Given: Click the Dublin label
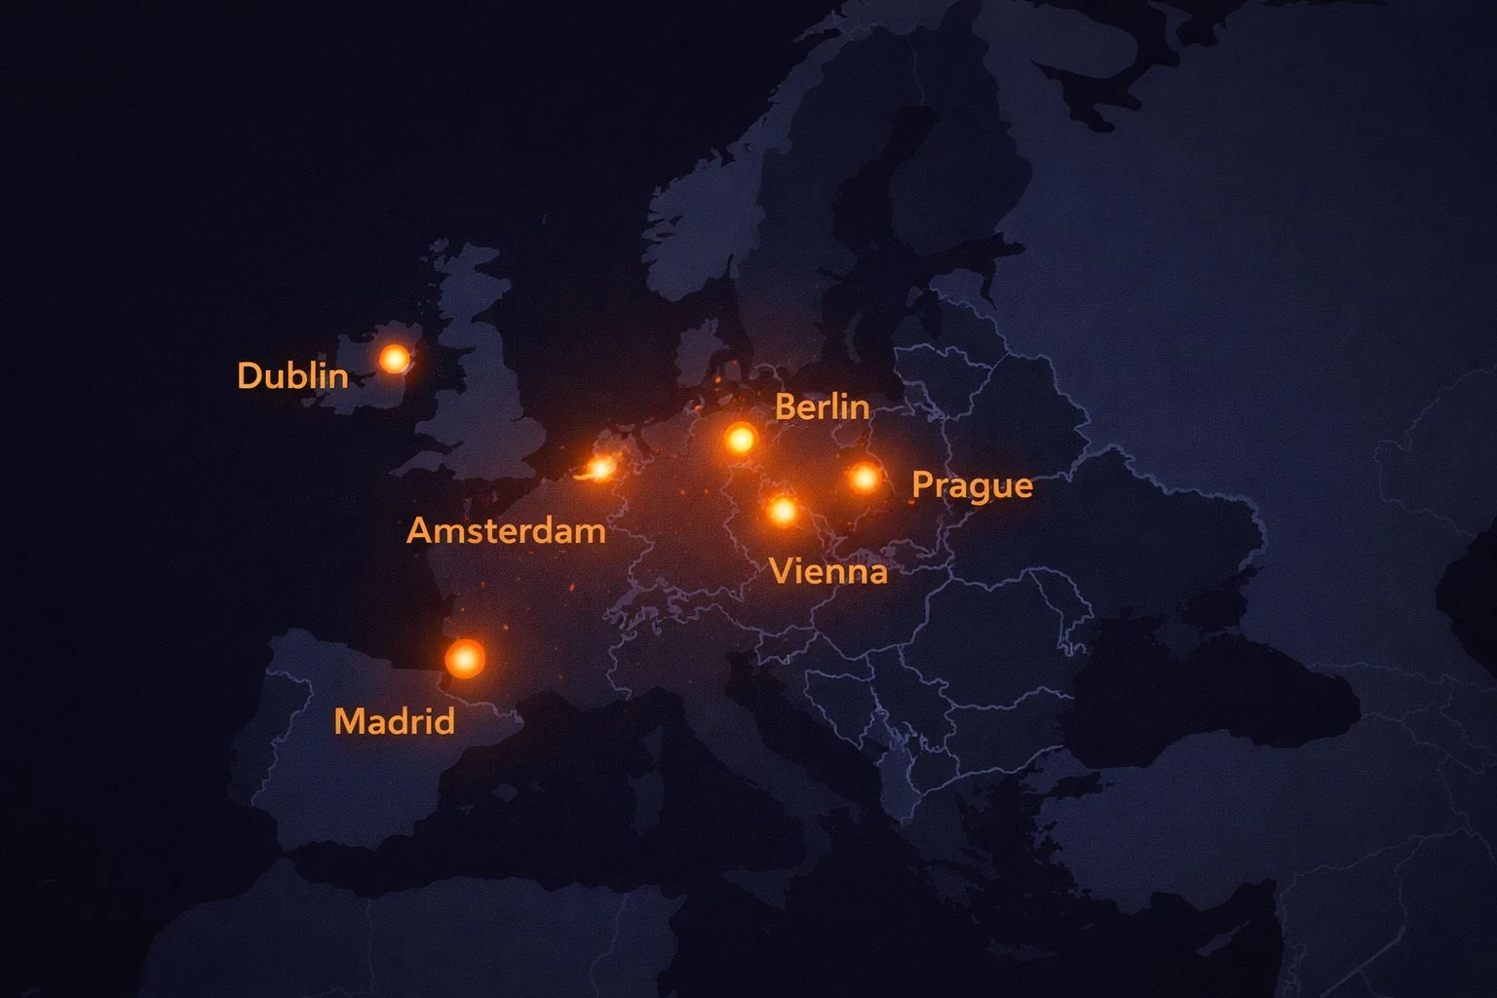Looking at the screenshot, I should pyautogui.click(x=292, y=375).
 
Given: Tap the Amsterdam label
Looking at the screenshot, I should pyautogui.click(x=506, y=531).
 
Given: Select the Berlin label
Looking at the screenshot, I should pyautogui.click(x=822, y=406).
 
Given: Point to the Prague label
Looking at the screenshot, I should pyautogui.click(x=972, y=485).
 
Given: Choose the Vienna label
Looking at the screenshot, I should pyautogui.click(x=828, y=570).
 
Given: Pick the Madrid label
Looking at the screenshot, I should pyautogui.click(x=395, y=721).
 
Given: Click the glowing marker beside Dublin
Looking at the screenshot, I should pyautogui.click(x=394, y=359).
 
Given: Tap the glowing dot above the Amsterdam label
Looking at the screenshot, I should pyautogui.click(x=601, y=469).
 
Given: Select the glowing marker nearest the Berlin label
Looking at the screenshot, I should pyautogui.click(x=741, y=439).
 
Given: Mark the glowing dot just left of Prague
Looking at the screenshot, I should pyautogui.click(x=864, y=478).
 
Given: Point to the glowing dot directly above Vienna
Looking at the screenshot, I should pyautogui.click(x=782, y=510).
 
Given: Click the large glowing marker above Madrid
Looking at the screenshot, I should pyautogui.click(x=465, y=659).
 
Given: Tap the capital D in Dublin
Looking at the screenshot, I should pyautogui.click(x=248, y=375).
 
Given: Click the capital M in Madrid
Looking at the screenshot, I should pyautogui.click(x=349, y=721).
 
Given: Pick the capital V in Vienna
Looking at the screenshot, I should pyautogui.click(x=780, y=570).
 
